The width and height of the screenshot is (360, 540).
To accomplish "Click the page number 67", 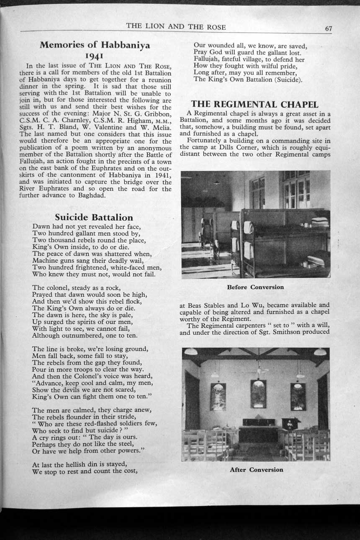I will click(328, 28).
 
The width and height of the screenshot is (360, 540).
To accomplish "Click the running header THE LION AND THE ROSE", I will click(176, 27).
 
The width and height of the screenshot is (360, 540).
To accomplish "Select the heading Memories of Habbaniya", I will click(95, 45).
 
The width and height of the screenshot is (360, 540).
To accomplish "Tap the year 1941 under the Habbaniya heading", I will click(95, 56).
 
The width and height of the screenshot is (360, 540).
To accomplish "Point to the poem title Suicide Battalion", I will click(94, 217).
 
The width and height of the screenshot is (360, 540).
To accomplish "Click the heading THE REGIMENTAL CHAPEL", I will click(255, 104).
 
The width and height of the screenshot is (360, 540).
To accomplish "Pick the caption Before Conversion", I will click(255, 287).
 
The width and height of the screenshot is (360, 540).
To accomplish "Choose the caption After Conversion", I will click(256, 470).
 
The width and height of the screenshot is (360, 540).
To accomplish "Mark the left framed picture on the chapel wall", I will click(218, 396).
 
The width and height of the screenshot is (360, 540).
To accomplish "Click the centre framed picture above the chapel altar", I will click(258, 393).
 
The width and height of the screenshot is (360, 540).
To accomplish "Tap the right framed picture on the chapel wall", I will click(298, 396).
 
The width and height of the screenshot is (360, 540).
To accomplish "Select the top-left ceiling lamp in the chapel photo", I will click(190, 352).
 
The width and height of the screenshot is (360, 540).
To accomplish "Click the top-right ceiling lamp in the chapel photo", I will click(320, 352).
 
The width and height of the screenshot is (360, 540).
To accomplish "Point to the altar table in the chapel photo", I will click(258, 433).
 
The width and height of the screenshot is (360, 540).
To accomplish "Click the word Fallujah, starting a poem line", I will click(207, 59).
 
